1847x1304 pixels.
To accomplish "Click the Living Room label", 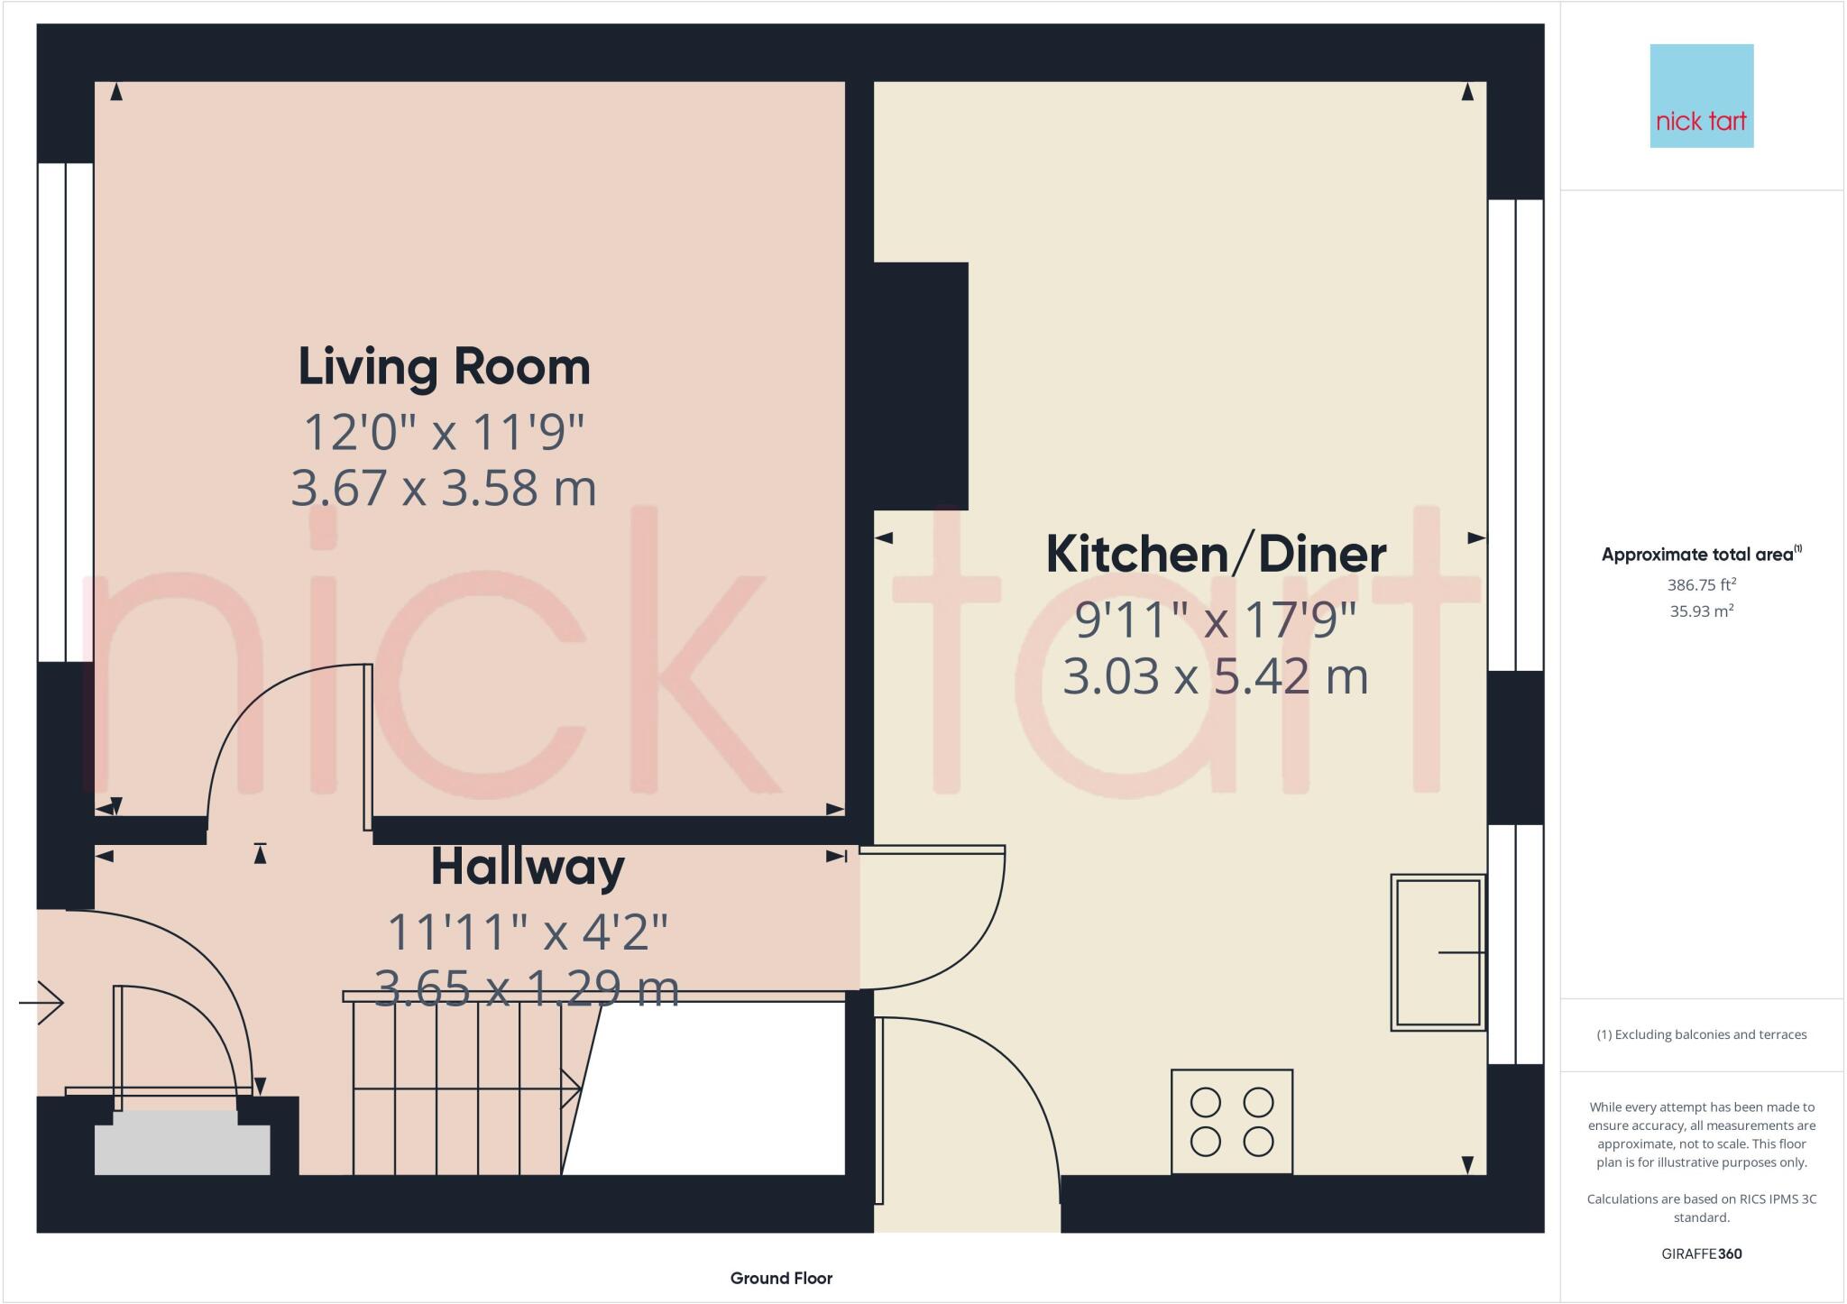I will click(x=444, y=367).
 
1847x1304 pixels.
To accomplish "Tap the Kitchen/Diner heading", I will click(x=1215, y=555).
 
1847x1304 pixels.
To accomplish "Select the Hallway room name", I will click(x=528, y=867).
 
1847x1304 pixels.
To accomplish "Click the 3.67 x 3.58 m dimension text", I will click(x=444, y=488).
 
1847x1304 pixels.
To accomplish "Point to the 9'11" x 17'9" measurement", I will click(x=1215, y=620).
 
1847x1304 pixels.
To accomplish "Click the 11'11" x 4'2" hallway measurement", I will click(x=528, y=932).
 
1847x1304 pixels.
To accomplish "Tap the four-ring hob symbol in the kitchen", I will click(x=1231, y=1122).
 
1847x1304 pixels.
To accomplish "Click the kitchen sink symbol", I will click(x=1438, y=952).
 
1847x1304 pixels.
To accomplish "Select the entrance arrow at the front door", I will click(x=42, y=1002).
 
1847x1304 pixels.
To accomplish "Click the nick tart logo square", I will click(x=1701, y=96).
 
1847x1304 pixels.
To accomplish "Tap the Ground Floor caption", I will click(x=781, y=1278).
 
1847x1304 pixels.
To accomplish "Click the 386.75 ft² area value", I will click(x=1701, y=584).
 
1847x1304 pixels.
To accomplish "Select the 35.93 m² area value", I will click(x=1701, y=611).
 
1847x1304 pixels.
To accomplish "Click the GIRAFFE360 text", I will click(x=1701, y=1253).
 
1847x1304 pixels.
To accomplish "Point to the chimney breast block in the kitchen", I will click(x=920, y=386).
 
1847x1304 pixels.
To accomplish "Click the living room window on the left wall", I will click(x=66, y=412).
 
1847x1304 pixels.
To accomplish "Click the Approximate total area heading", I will click(x=1701, y=555).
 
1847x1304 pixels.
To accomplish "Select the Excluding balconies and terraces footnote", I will click(x=1701, y=1034).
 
